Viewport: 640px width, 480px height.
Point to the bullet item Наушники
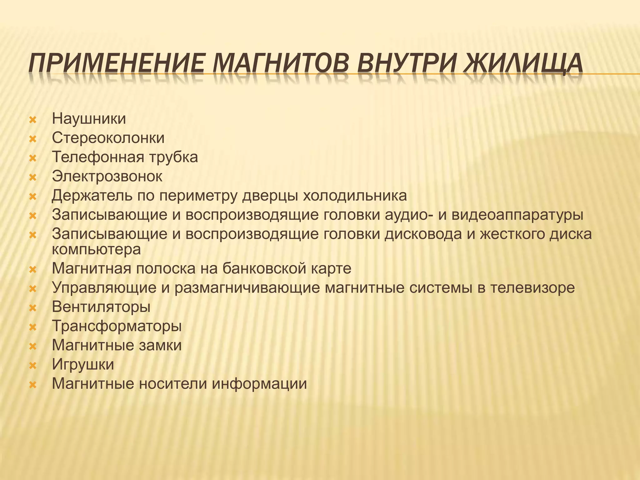coord(89,119)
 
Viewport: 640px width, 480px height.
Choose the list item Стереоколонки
coord(108,138)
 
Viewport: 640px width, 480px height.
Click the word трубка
coord(173,157)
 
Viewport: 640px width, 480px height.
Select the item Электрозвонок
coord(107,176)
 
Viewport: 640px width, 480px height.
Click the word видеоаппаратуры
coord(517,215)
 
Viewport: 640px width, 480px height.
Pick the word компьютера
coord(96,249)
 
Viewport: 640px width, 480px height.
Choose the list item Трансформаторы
coord(117,326)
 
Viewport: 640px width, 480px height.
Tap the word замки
coord(160,345)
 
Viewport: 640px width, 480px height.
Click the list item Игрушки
coord(83,364)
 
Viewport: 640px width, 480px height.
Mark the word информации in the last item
coord(259,383)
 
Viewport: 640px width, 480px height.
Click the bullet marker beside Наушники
coord(33,120)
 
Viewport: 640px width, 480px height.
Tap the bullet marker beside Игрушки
coord(33,365)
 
